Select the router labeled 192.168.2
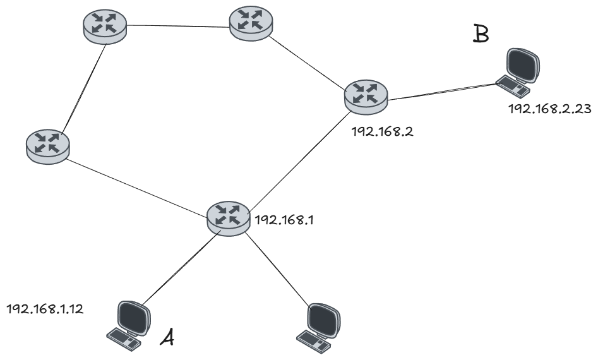coord(366,95)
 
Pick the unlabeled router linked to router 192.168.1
coord(47,144)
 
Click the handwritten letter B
coord(481,33)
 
